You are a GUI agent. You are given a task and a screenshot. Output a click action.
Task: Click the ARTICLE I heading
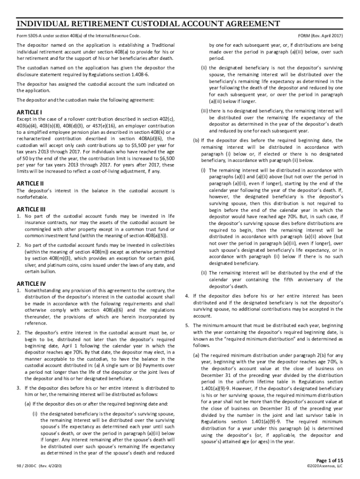coord(30,113)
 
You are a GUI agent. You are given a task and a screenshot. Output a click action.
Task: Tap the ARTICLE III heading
coord(31,209)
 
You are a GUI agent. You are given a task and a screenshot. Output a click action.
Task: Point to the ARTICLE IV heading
coord(31,283)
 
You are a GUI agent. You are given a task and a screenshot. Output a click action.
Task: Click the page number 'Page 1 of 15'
coord(330,460)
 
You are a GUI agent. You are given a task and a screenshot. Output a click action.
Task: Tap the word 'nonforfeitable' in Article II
coord(33,197)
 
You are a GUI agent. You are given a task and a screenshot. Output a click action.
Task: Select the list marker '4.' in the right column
coord(187,296)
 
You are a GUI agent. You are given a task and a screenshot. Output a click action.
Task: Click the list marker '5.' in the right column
coord(187,325)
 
